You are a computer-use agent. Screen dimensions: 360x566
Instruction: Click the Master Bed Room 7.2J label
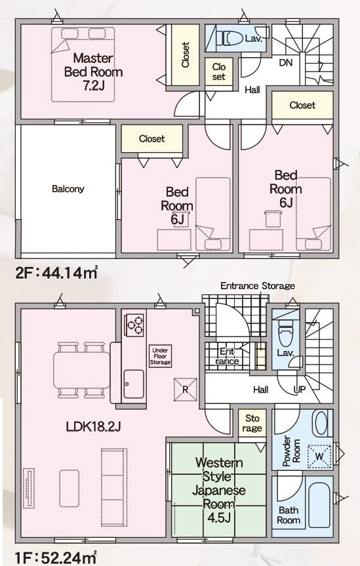(93, 71)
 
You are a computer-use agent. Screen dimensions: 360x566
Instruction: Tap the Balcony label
(68, 189)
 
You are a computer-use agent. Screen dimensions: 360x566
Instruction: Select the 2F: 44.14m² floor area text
(56, 273)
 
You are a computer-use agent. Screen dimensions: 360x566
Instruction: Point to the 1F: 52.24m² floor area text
(56, 557)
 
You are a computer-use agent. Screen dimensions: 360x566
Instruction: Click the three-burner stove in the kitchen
(134, 325)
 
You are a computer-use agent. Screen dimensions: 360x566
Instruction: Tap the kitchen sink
(134, 384)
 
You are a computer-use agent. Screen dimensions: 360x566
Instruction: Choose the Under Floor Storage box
(160, 356)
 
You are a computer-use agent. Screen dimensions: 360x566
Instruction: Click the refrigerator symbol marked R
(185, 390)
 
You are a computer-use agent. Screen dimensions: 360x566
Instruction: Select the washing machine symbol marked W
(319, 456)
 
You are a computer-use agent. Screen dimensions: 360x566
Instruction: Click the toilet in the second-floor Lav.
(230, 38)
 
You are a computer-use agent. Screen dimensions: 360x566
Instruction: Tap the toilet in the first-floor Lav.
(285, 333)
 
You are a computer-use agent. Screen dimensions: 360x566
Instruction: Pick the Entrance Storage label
(258, 286)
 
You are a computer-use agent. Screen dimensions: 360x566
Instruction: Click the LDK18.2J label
(93, 427)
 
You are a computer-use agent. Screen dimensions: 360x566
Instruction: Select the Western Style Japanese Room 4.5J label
(219, 490)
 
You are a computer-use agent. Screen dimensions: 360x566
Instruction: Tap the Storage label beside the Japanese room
(252, 423)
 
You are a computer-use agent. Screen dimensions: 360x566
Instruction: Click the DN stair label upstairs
(286, 62)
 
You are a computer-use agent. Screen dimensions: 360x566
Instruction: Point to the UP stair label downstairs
(300, 389)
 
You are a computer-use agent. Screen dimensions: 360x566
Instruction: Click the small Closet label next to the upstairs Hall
(219, 71)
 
